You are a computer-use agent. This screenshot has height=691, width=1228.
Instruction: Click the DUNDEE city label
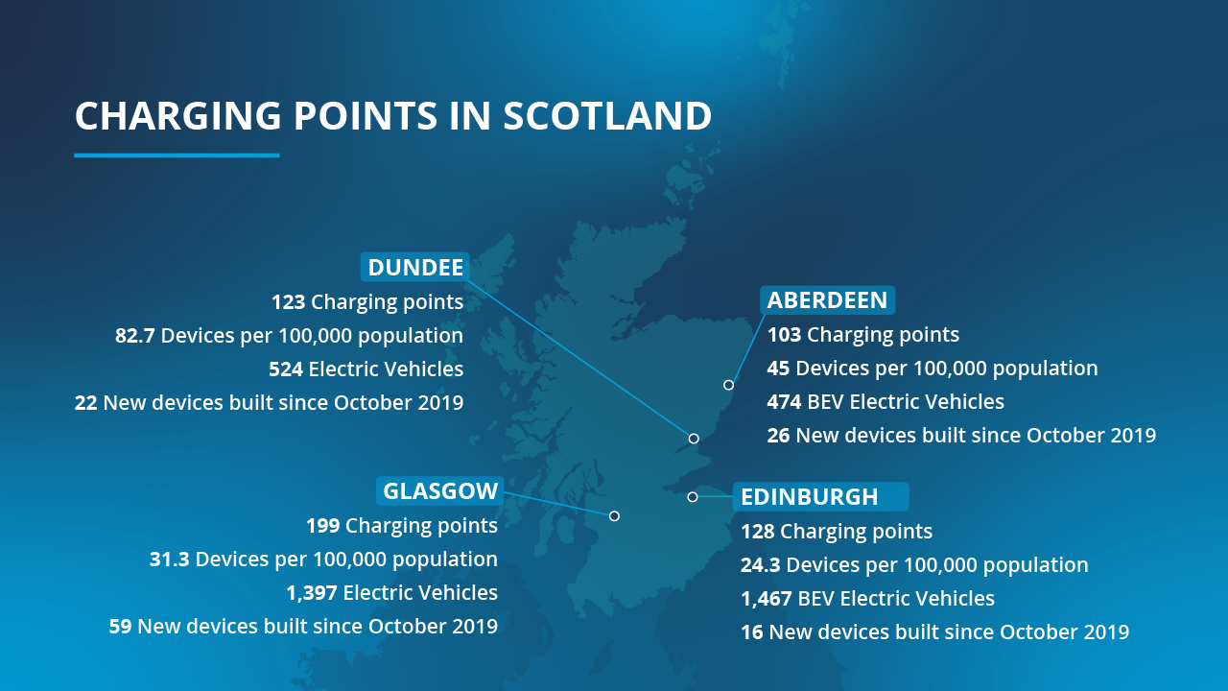pos(415,267)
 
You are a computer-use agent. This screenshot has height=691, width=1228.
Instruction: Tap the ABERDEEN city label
pos(827,299)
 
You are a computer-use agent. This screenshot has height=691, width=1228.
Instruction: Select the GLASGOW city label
pos(440,491)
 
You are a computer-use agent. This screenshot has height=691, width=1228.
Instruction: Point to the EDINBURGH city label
pos(809,496)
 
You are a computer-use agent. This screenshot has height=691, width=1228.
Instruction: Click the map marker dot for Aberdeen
pos(728,385)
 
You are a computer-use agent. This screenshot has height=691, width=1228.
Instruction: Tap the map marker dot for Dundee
pos(694,438)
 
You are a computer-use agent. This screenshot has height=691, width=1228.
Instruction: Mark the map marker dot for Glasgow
pos(614,515)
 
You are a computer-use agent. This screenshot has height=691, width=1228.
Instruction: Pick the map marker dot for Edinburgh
pos(692,496)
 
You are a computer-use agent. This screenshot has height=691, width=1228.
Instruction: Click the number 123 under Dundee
pos(288,302)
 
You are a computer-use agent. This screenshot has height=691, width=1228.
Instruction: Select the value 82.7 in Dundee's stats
pos(135,336)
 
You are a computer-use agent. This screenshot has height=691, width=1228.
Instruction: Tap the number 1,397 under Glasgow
pos(311,593)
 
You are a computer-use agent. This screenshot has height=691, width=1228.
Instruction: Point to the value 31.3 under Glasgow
pos(169,560)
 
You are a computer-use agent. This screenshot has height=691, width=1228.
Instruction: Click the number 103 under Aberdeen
pos(784,335)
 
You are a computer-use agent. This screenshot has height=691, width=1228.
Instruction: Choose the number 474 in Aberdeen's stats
pos(785,402)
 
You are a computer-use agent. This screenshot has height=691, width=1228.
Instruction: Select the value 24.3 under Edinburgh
pos(760,565)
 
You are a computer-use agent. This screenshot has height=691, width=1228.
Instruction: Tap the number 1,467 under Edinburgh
pos(767,599)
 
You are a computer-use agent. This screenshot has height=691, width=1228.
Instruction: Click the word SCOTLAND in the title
pos(606,116)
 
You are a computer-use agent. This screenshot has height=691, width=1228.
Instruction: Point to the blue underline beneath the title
pos(177,155)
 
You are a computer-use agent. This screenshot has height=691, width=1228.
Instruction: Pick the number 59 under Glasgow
pos(120,627)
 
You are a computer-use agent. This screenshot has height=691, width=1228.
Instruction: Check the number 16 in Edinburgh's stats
pos(751,632)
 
